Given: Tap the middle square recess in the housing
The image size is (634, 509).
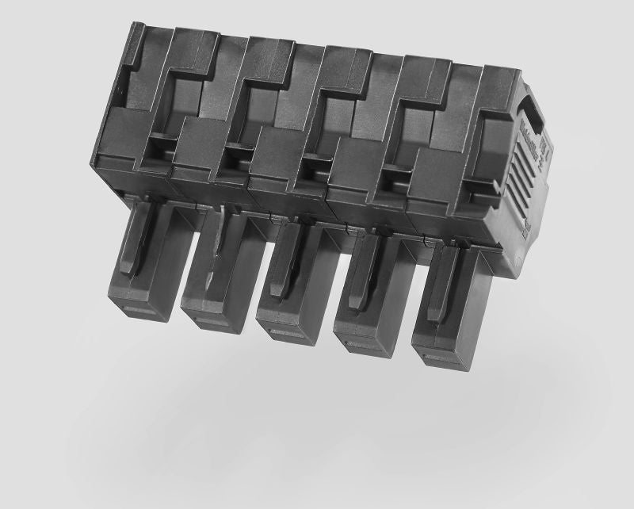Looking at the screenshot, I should pos(314,166).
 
